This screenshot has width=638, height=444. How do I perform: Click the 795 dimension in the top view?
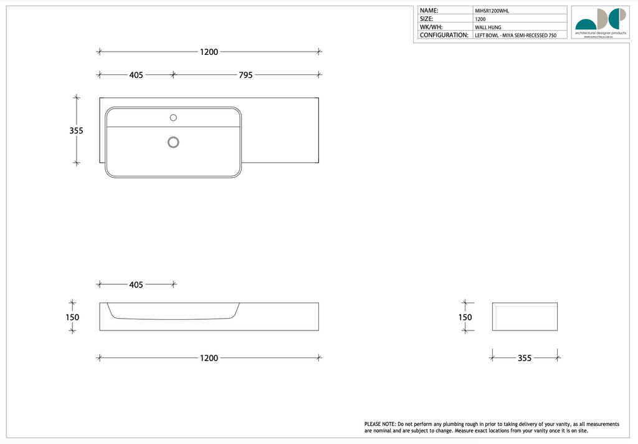click(245, 75)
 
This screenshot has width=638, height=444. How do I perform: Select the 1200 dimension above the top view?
click(209, 52)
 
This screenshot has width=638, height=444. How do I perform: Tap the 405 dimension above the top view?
click(136, 75)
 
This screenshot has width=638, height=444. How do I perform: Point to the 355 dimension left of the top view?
click(76, 131)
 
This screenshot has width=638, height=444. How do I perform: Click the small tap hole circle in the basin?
click(173, 117)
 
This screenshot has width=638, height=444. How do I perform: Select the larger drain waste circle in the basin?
click(173, 142)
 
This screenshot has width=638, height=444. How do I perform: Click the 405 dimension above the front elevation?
click(136, 284)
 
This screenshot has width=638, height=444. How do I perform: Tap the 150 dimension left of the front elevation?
click(72, 317)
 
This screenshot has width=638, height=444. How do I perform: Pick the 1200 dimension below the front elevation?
click(209, 358)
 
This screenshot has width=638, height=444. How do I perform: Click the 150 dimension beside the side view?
click(465, 317)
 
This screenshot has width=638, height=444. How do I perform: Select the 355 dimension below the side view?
click(525, 358)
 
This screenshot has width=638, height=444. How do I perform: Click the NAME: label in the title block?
click(429, 11)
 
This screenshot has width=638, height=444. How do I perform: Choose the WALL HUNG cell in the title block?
click(488, 27)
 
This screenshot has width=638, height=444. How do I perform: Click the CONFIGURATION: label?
click(444, 35)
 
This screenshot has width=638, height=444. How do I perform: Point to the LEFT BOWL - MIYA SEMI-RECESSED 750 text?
click(515, 36)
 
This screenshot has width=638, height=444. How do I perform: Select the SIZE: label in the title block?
click(427, 19)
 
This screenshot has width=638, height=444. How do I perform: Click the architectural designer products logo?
click(600, 22)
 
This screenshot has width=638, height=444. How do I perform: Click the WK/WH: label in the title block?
click(431, 27)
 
